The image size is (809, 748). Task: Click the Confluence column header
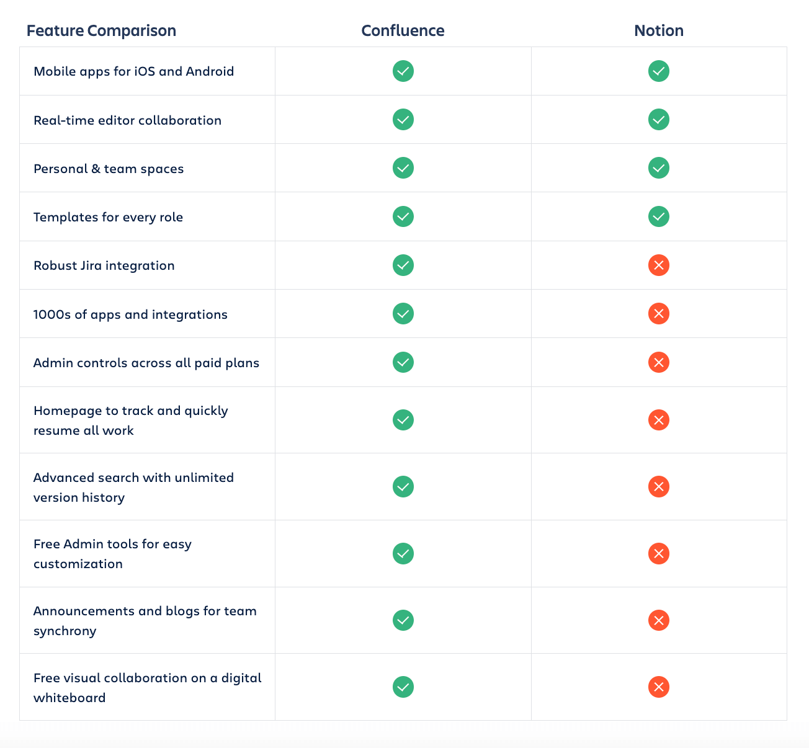[403, 30]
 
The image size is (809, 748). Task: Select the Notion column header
[658, 30]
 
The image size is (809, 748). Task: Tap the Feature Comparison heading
[101, 30]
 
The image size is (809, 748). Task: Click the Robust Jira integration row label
[104, 265]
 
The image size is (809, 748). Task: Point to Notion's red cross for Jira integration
[658, 265]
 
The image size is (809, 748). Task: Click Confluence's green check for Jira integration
[403, 265]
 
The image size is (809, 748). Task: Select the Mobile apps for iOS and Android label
[134, 71]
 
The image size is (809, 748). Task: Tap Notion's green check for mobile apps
[658, 71]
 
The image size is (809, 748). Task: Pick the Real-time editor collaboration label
[127, 120]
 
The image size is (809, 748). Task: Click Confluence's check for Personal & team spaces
[403, 168]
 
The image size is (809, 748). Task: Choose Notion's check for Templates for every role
[658, 216]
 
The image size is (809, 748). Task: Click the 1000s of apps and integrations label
[130, 314]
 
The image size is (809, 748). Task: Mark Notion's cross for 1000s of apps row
[658, 314]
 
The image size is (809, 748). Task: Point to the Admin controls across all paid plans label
[146, 363]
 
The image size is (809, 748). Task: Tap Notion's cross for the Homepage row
[658, 420]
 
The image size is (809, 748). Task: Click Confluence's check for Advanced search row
[403, 487]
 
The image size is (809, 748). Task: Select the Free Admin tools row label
[112, 554]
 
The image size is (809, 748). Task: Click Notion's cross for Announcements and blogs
[658, 620]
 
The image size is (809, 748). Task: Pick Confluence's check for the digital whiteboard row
[403, 687]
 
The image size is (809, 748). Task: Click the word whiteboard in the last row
[69, 698]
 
